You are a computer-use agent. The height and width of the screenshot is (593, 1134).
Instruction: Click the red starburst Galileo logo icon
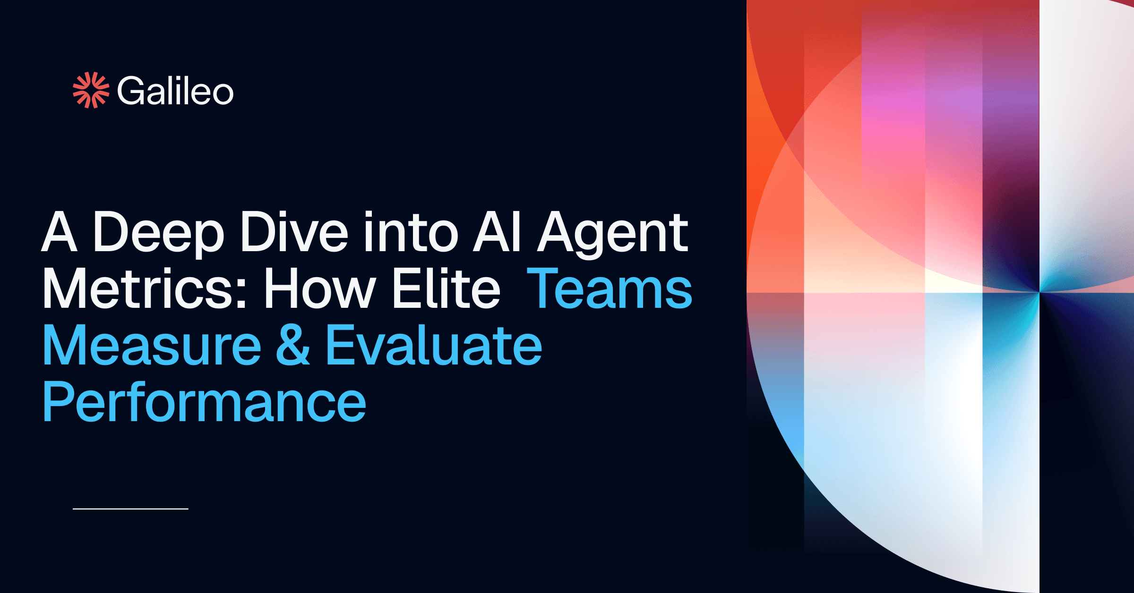pos(91,90)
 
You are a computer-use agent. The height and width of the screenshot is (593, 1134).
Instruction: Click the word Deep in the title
pos(158,233)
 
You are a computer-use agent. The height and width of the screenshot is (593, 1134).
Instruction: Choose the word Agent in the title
pos(613,233)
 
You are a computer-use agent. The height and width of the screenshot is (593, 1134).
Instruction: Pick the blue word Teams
pos(610,288)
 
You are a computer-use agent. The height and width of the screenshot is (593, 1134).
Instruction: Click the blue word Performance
pos(204,402)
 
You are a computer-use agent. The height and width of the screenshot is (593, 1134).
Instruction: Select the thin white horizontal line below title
pos(130,509)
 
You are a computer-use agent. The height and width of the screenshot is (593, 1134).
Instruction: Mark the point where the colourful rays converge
pos(1039,292)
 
